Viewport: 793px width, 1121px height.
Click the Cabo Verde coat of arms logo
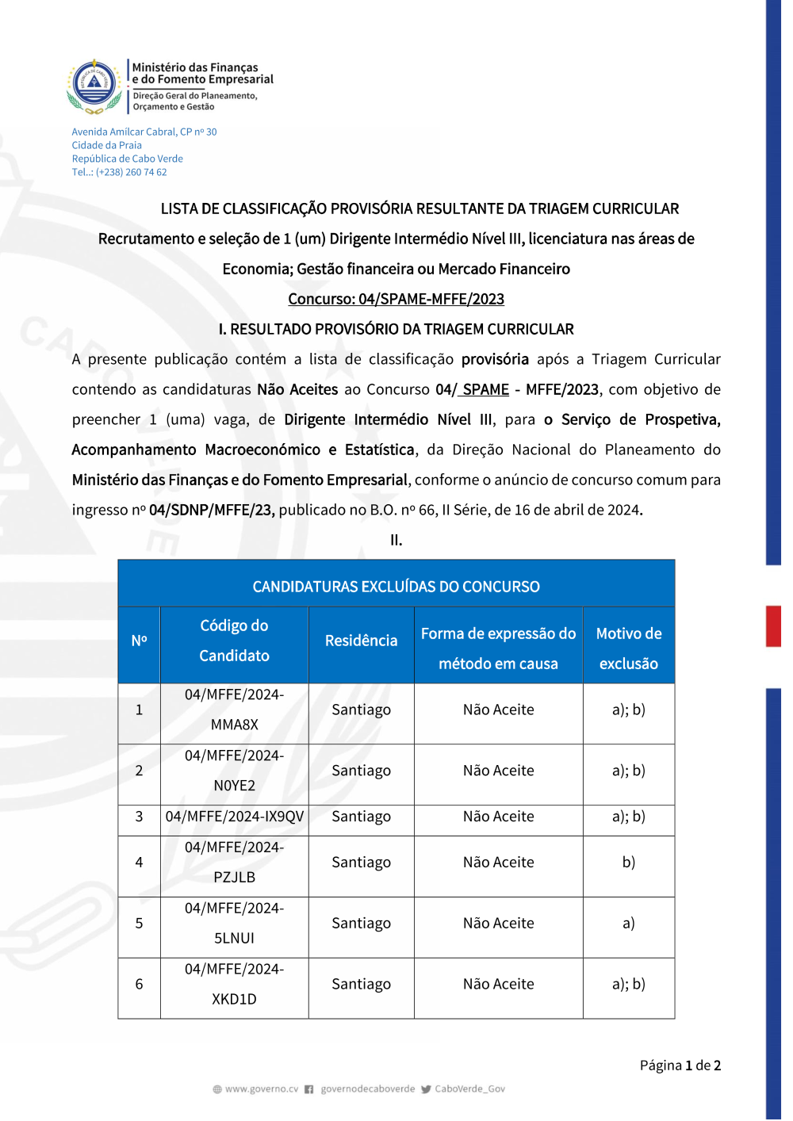click(94, 85)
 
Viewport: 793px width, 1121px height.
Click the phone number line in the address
click(120, 172)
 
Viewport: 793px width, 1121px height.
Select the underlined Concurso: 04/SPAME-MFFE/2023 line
click(396, 299)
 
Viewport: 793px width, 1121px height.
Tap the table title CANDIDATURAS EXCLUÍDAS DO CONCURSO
click(396, 587)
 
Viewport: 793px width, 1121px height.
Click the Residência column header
click(361, 641)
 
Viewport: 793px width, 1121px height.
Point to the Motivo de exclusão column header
click(628, 648)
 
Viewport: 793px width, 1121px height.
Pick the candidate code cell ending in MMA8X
click(234, 710)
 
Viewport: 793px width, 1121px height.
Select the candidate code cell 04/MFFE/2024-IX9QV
click(234, 817)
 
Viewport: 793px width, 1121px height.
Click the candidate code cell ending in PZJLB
click(234, 863)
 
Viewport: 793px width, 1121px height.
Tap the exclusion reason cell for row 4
click(628, 863)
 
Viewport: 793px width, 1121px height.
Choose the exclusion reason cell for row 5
click(628, 924)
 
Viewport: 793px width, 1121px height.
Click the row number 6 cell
click(139, 985)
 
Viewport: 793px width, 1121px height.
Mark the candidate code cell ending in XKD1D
click(234, 985)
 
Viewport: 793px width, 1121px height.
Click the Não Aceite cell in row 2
click(498, 771)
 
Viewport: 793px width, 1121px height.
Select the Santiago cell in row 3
click(361, 817)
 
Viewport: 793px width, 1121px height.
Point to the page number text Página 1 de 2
click(680, 1066)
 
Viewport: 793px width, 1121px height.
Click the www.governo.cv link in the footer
click(261, 1089)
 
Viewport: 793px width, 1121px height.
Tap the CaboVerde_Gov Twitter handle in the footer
click(469, 1089)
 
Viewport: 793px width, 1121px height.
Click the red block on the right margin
click(773, 626)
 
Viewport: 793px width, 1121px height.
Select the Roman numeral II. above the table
click(396, 541)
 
